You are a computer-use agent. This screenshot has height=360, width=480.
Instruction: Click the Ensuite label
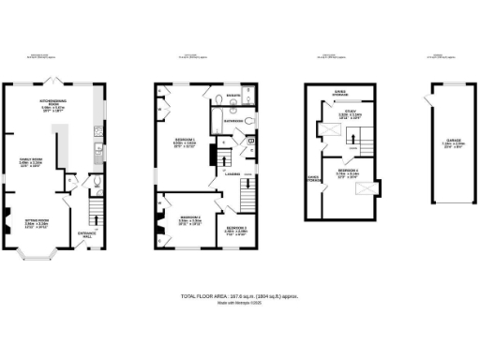point(234,97)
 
